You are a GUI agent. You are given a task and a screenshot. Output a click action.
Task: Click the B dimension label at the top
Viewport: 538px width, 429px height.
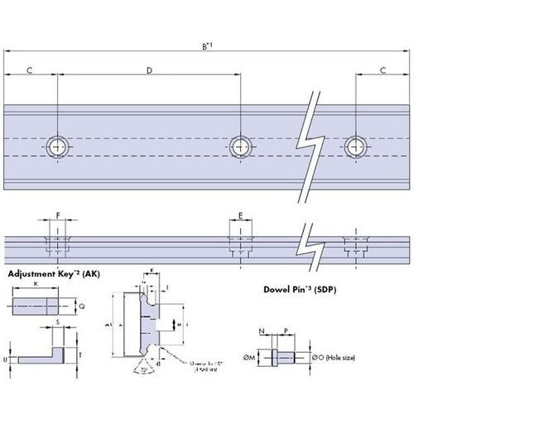207,46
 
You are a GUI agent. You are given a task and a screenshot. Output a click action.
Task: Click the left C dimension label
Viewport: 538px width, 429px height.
30,70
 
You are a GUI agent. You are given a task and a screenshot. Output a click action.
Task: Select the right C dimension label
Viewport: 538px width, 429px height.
382,70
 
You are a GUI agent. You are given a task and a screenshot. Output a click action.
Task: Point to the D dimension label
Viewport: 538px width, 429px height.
149,70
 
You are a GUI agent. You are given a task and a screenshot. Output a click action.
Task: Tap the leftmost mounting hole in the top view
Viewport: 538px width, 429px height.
58,147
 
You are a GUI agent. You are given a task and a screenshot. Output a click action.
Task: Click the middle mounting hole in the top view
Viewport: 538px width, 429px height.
241,147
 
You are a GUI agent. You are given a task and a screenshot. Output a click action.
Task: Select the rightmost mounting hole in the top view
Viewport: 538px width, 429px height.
357,147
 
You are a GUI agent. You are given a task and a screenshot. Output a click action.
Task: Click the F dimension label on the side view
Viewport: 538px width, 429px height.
58,215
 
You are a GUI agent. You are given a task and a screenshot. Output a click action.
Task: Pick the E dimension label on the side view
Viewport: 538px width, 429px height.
241,215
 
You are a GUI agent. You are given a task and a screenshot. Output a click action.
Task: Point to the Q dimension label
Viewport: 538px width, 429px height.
81,306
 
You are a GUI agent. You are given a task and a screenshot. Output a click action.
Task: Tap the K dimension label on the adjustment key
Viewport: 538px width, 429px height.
36,284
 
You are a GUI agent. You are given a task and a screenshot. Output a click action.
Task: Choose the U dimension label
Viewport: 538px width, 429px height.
7,360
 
